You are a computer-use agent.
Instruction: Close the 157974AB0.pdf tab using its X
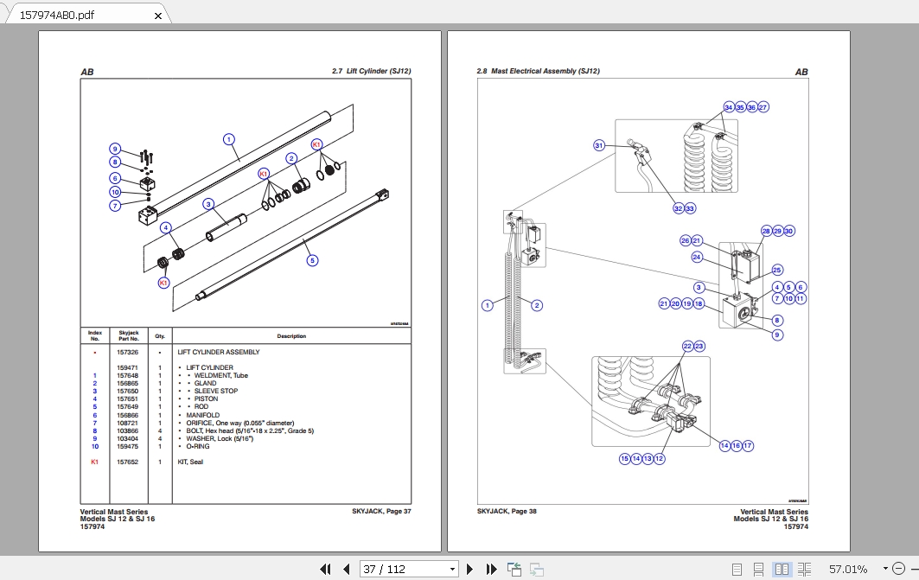[158, 15]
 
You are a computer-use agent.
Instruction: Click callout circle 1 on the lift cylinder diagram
[228, 139]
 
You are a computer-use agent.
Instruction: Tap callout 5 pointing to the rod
[312, 259]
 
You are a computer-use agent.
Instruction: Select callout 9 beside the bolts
[114, 149]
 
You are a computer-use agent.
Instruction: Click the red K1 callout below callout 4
[163, 283]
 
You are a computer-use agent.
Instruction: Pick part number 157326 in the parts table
[128, 353]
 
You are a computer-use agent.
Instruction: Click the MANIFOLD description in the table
[202, 415]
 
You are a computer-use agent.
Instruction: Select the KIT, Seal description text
[196, 462]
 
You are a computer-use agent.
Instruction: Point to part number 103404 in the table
[128, 438]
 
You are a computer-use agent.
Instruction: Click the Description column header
[290, 336]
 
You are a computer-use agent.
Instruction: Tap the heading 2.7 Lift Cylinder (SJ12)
[371, 72]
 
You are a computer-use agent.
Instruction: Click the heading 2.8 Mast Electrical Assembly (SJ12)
[538, 72]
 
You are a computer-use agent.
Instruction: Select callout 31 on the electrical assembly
[598, 145]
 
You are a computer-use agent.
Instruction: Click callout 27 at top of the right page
[763, 107]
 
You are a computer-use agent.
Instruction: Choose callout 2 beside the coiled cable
[536, 305]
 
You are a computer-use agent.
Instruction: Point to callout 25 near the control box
[776, 270]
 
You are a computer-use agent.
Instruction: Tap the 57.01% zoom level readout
[847, 569]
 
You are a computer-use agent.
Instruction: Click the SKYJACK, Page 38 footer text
[507, 512]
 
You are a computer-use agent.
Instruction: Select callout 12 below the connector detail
[660, 459]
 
